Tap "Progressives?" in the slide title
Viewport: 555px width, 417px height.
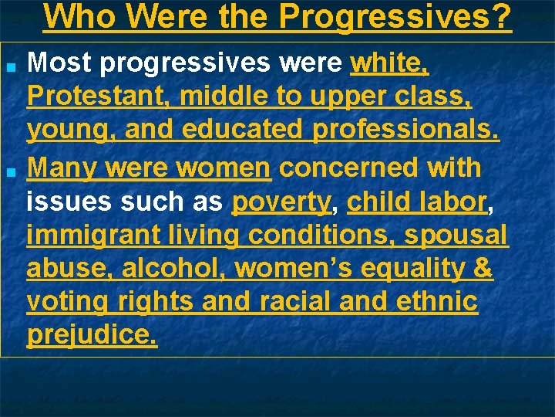pyautogui.click(x=395, y=16)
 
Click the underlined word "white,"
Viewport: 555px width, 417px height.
pyautogui.click(x=389, y=64)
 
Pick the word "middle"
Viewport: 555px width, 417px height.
pyautogui.click(x=227, y=98)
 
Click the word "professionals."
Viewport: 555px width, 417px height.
pyautogui.click(x=406, y=132)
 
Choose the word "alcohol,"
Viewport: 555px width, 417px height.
pyautogui.click(x=174, y=269)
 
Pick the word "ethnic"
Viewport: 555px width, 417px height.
pyautogui.click(x=436, y=303)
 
